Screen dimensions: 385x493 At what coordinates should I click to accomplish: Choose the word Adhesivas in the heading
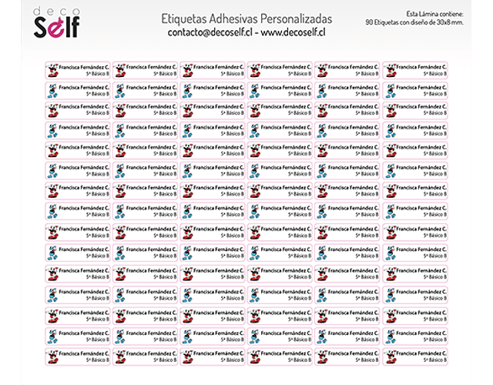point(238,17)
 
